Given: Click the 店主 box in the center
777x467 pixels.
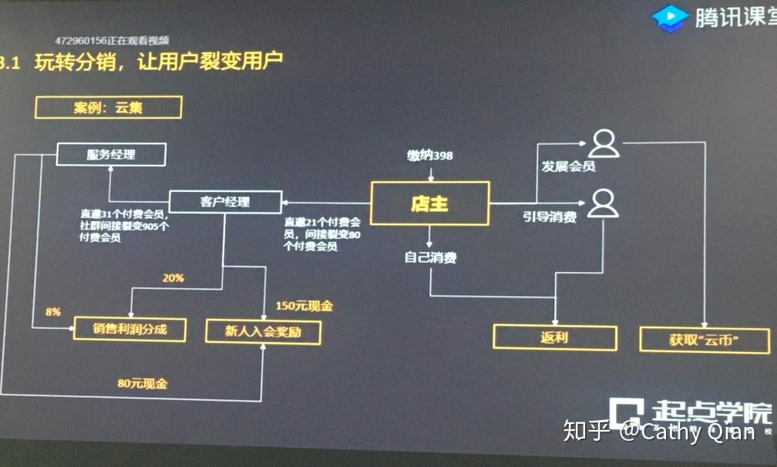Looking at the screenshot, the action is (x=429, y=203).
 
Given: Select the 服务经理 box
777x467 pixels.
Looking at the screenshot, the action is (x=111, y=155).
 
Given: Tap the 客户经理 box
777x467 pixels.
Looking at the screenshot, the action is (x=224, y=203).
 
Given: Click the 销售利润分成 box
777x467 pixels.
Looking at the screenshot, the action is (x=130, y=330).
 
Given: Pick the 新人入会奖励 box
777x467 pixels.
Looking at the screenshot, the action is (x=263, y=331).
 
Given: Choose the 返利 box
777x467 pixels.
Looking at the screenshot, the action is (x=554, y=338).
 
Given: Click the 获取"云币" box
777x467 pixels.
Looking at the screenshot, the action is (x=705, y=339).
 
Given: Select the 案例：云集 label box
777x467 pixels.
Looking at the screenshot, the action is (x=108, y=107).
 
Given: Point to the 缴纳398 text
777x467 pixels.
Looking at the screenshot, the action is (x=430, y=156).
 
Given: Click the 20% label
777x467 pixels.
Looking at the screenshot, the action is (x=173, y=278).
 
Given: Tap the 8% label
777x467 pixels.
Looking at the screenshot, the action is (x=53, y=311).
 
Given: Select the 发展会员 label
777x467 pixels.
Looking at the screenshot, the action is (x=568, y=166).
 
